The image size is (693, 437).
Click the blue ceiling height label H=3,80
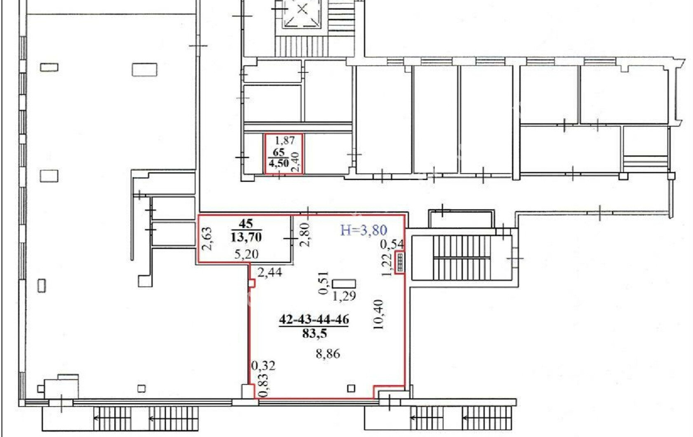tap(364, 230)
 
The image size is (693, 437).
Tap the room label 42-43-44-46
tap(314, 319)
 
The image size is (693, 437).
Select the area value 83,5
tap(315, 334)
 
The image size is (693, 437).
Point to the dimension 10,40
tap(378, 315)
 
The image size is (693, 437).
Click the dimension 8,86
tap(328, 354)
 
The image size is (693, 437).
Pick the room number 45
tap(246, 223)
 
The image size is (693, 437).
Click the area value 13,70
tap(246, 237)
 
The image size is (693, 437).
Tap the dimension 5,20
tap(246, 254)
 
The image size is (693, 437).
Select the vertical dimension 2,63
tap(207, 239)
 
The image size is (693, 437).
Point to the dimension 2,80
tap(305, 234)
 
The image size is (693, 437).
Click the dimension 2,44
tap(270, 273)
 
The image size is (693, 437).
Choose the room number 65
tap(278, 152)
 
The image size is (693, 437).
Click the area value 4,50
tap(279, 163)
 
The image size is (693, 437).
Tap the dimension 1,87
tap(285, 141)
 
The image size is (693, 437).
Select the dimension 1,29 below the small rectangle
tap(344, 296)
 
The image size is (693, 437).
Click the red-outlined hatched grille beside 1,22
tap(400, 263)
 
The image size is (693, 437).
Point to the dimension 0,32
tap(263, 366)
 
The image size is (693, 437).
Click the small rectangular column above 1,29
tap(344, 284)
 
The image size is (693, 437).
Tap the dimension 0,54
tap(392, 244)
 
